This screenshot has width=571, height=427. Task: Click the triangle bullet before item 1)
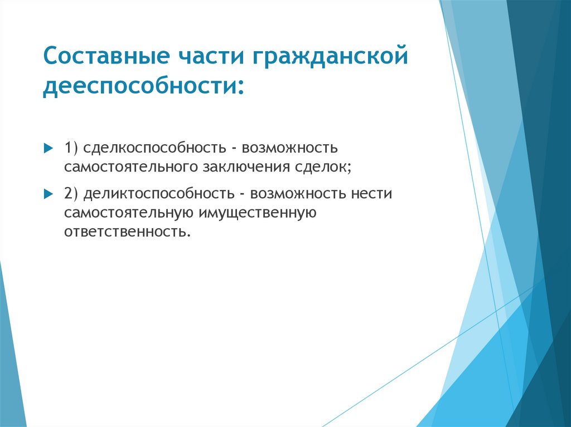pyautogui.click(x=47, y=149)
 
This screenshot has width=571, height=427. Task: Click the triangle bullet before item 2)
pyautogui.click(x=47, y=194)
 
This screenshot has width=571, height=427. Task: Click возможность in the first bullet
pyautogui.click(x=289, y=149)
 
